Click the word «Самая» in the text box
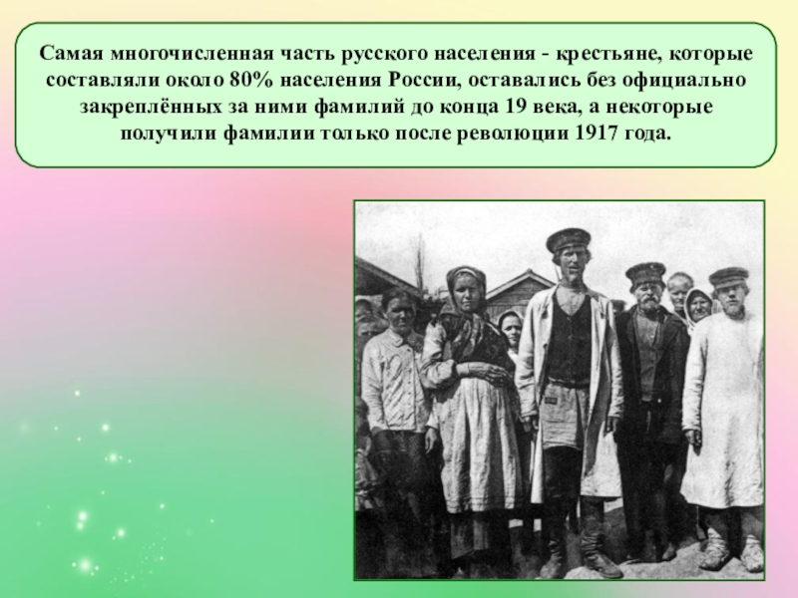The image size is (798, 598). point(69,52)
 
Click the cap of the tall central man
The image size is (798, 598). point(569,240)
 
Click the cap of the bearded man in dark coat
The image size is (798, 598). point(644,271)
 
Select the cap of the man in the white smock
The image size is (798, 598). point(729,275)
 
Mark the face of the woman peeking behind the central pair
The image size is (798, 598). point(512,326)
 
